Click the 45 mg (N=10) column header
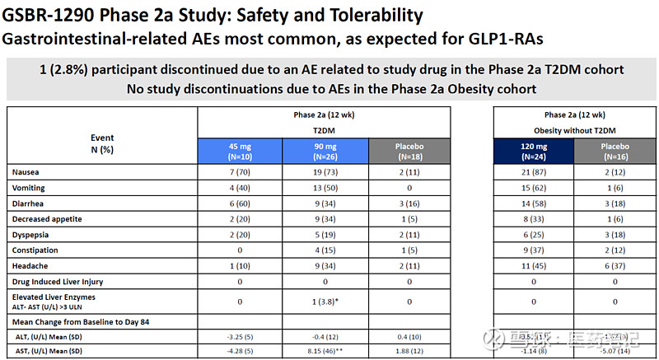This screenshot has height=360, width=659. [x=239, y=151]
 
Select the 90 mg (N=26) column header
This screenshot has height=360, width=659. [x=324, y=151]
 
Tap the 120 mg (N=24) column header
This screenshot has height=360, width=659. [x=533, y=151]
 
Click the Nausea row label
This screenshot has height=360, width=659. [x=26, y=172]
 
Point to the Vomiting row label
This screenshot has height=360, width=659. [x=29, y=188]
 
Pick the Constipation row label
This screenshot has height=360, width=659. [x=35, y=250]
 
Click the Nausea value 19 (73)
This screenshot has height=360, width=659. [x=324, y=172]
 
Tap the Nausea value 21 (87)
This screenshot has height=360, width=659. [x=533, y=172]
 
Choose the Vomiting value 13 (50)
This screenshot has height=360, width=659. [x=324, y=188]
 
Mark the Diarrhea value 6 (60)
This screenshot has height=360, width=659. [x=239, y=203]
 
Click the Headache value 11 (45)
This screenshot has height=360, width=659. [x=533, y=265]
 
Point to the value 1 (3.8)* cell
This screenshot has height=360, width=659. [x=324, y=302]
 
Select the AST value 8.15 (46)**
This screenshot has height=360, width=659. [x=324, y=350]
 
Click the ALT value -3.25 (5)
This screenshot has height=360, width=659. [x=239, y=336]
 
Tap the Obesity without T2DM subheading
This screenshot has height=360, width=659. [x=574, y=129]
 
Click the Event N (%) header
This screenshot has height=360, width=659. [x=102, y=143]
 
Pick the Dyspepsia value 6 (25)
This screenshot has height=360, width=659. [x=533, y=234]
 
